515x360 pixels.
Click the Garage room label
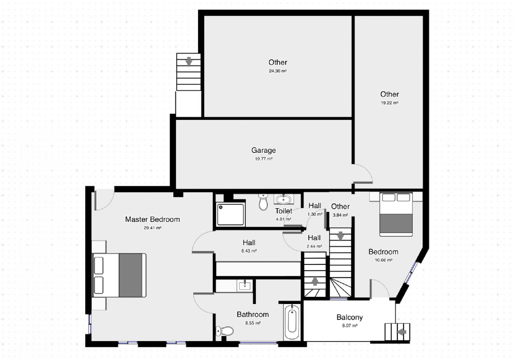[x=263, y=150]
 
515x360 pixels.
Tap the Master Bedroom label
[x=152, y=220]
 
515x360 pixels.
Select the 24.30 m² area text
[x=277, y=71]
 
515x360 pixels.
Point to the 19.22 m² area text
[x=389, y=103]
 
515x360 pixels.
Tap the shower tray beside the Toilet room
[x=230, y=214]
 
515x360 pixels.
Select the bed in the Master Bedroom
[x=119, y=275]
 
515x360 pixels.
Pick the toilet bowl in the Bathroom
[x=225, y=331]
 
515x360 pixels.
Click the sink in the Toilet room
[x=284, y=199]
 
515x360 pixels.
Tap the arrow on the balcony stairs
[x=401, y=332]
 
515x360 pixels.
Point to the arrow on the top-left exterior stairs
[x=188, y=61]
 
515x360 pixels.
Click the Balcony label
[x=350, y=317]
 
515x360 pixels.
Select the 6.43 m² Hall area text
[x=249, y=251]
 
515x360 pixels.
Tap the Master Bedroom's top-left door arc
[x=104, y=200]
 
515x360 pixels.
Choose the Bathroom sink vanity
[x=244, y=285]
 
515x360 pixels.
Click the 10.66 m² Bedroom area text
[x=383, y=260]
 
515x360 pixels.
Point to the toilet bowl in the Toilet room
[x=263, y=202]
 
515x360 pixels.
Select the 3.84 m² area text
[x=340, y=215]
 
